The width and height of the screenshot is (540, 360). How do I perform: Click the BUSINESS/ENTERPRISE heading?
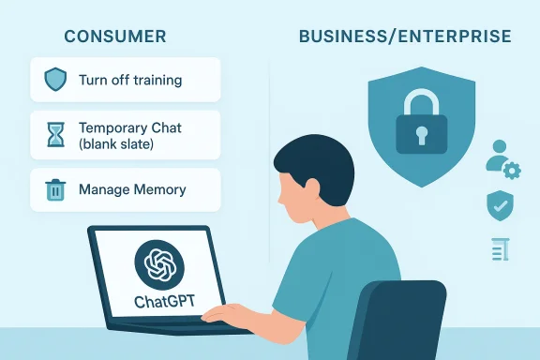pos(405,37)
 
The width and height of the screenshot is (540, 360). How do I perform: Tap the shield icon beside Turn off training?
pos(55,81)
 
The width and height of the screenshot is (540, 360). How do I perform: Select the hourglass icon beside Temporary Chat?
pos(55,133)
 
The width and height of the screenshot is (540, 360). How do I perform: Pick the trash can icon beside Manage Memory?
pos(55,189)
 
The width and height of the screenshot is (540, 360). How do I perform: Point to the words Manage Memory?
pos(132,189)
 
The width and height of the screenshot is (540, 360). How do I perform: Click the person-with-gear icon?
pos(502,160)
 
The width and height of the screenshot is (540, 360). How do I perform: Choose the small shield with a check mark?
pos(498,203)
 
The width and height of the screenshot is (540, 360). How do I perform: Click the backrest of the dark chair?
pos(403,319)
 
